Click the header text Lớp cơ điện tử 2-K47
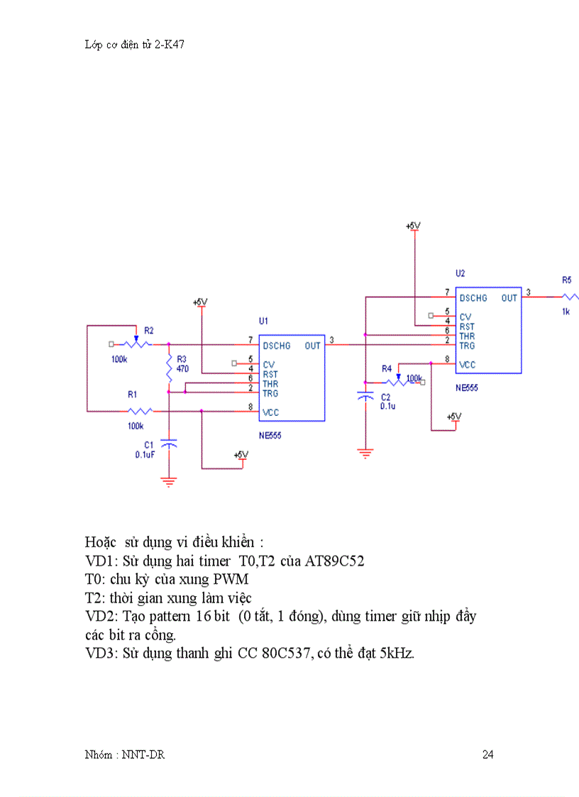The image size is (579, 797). click(x=135, y=44)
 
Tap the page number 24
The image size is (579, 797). click(x=487, y=754)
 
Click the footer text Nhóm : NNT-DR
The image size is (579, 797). click(x=124, y=754)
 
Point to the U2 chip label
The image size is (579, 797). click(x=460, y=273)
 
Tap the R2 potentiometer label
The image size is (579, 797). click(x=149, y=330)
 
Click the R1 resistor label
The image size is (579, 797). click(x=133, y=393)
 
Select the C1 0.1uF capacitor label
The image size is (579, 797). click(x=145, y=449)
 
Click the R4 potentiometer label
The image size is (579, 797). click(x=387, y=368)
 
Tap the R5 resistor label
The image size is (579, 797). click(x=566, y=280)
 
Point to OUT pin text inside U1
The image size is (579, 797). click(x=313, y=346)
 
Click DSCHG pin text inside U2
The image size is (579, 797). click(x=473, y=298)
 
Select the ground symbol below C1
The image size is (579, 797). click(x=169, y=481)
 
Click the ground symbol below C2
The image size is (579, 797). click(x=365, y=452)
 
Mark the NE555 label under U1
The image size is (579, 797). click(x=270, y=435)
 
